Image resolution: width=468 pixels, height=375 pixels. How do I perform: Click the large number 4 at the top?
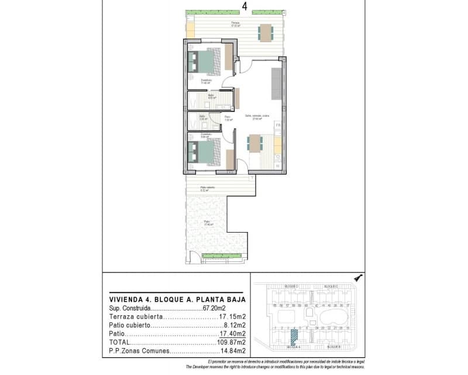click(x=244, y=6)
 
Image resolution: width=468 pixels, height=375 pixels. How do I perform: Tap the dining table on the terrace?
click(x=266, y=32)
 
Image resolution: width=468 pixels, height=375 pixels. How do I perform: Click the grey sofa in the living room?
click(x=276, y=84)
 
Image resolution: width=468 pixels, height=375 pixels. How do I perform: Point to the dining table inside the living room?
click(x=254, y=144)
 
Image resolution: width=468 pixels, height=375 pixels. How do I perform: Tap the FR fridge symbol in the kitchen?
click(x=278, y=126)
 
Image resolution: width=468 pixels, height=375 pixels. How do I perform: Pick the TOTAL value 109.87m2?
click(x=231, y=342)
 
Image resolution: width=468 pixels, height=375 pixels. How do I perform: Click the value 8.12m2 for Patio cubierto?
click(x=233, y=325)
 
